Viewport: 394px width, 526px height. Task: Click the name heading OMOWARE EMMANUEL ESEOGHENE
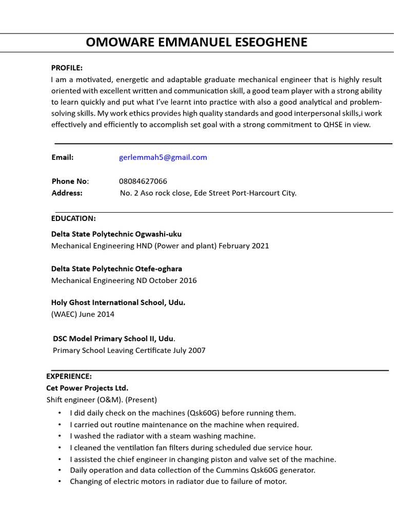click(x=196, y=42)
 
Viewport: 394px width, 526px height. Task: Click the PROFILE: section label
click(x=67, y=68)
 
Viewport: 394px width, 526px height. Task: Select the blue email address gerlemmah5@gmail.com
click(x=163, y=157)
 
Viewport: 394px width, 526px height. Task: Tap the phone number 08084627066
click(x=143, y=181)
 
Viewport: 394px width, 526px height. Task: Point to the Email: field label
click(x=63, y=157)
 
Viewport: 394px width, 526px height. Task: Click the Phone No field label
click(x=70, y=181)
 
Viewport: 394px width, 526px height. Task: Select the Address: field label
click(x=67, y=193)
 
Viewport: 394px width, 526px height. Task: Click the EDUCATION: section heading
click(x=73, y=218)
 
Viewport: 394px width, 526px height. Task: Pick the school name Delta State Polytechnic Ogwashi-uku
click(x=116, y=234)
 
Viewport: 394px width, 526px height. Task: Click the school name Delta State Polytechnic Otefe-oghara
click(x=116, y=269)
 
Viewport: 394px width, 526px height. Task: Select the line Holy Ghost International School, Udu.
click(x=118, y=303)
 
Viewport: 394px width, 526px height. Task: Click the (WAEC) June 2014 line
click(x=83, y=314)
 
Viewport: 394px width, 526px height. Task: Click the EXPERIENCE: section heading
click(x=69, y=376)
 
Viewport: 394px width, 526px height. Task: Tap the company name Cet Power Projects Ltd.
click(x=87, y=388)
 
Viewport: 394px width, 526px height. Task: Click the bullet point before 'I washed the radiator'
click(x=60, y=436)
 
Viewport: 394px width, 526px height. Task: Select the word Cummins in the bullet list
click(x=216, y=470)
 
